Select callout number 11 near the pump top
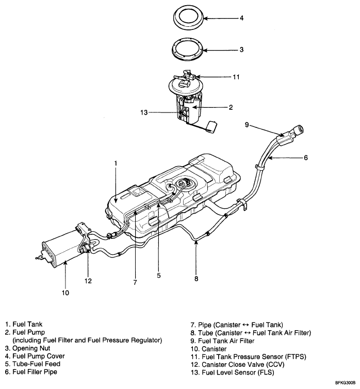click(236, 77)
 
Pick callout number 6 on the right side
click(305, 158)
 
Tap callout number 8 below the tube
click(196, 279)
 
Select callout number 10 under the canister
click(66, 293)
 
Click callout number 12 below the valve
click(89, 281)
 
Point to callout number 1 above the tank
click(116, 163)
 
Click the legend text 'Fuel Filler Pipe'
click(35, 371)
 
